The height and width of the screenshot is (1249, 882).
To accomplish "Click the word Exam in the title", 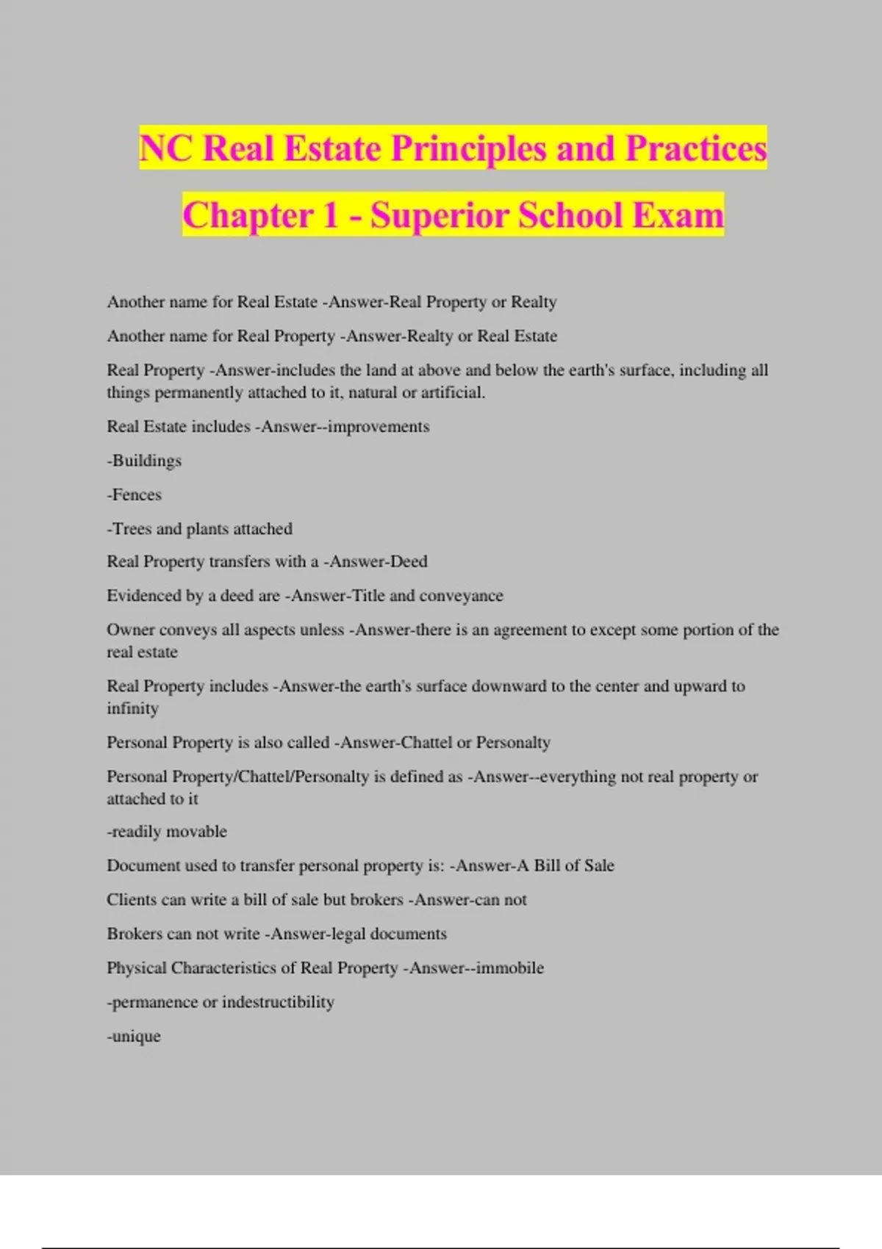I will click(x=678, y=215).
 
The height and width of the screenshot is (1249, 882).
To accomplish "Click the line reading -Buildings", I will click(x=144, y=461).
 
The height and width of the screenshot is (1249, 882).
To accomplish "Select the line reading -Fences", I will click(x=134, y=494).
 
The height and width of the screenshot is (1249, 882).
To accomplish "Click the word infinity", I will click(x=132, y=708).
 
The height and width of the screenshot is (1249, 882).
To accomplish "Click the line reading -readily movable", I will click(x=167, y=831).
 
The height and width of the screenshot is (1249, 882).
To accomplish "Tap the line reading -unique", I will click(x=134, y=1037).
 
